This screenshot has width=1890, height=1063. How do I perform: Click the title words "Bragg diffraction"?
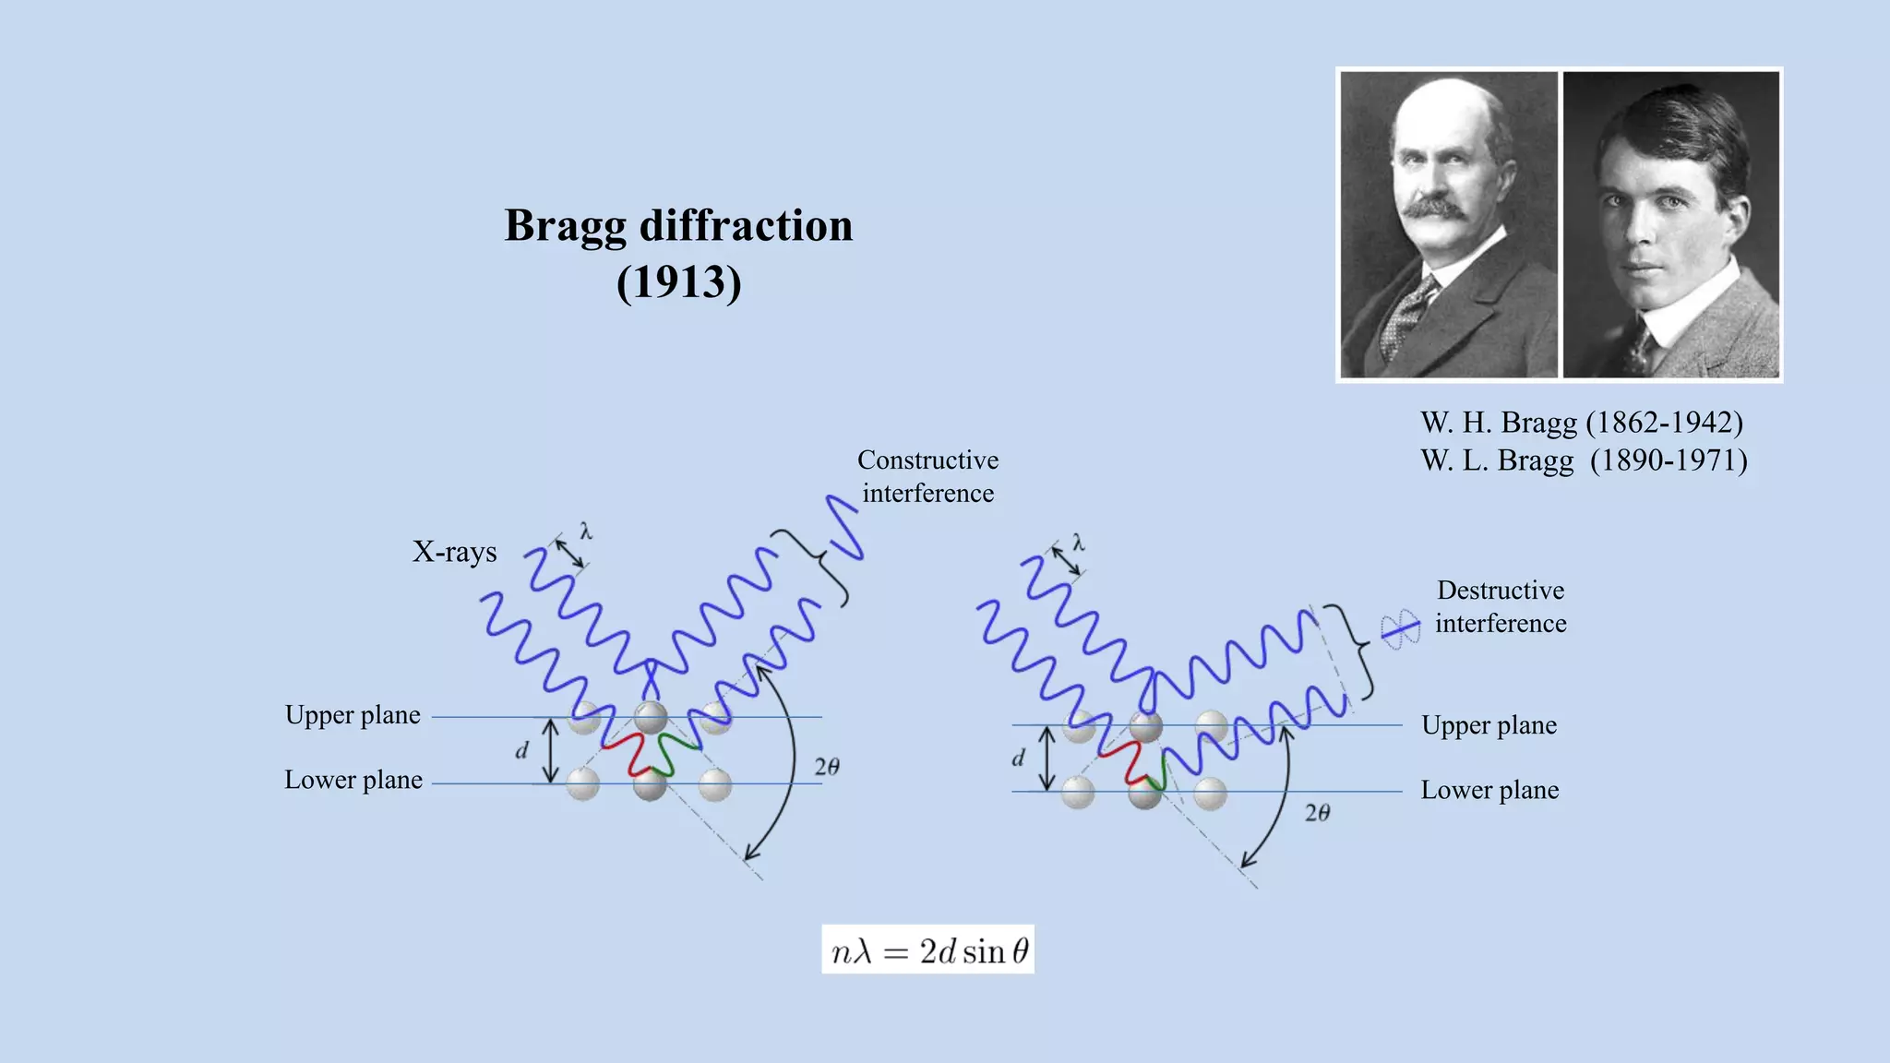pos(678,226)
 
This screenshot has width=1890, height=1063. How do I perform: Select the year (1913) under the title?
pos(678,282)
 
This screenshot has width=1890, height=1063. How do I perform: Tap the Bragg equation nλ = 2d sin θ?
pos(928,950)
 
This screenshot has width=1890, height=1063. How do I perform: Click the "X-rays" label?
pos(454,552)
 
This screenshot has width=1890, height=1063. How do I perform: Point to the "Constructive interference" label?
pos(927,476)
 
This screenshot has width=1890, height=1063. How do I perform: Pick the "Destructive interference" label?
pos(1501,606)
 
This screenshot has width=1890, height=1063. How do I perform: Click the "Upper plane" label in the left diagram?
pos(353,715)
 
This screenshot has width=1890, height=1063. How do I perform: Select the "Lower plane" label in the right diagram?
pos(1489,790)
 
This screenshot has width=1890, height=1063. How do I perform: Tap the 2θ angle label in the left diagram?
pos(827,767)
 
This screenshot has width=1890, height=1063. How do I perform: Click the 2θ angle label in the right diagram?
pos(1317,813)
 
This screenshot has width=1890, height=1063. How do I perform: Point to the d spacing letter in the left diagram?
pos(521,751)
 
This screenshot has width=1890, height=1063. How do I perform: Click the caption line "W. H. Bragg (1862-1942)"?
pos(1582,423)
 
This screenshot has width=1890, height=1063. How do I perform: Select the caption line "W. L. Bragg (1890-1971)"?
pos(1584,460)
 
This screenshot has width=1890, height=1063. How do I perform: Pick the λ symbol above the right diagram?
pos(1078,543)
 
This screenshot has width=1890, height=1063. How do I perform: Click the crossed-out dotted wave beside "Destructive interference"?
pos(1400,629)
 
